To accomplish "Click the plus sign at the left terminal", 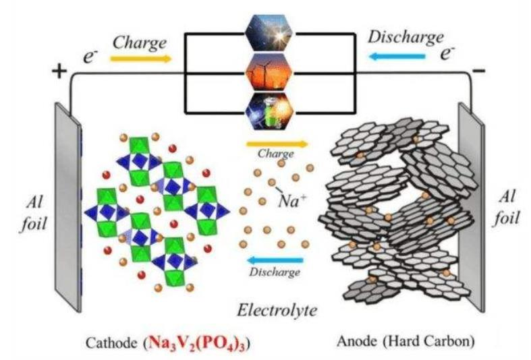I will coord(60,69).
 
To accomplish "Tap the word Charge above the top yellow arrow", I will coord(140,41).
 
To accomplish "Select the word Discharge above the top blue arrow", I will coord(405,36).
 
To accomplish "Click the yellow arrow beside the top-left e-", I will coord(140,59).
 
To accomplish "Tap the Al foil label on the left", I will coord(33,212).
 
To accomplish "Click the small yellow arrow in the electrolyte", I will coord(276,144).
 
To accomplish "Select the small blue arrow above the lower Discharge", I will coord(274,260).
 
